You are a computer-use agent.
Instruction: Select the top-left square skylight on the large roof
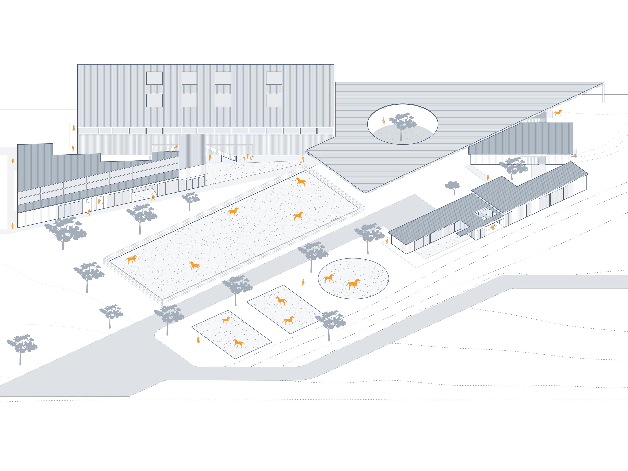pos(154,78)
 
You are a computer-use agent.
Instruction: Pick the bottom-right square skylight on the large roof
pos(274,100)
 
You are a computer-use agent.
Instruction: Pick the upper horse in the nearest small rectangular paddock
pos(226,320)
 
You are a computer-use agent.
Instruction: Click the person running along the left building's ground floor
pos(89,212)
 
